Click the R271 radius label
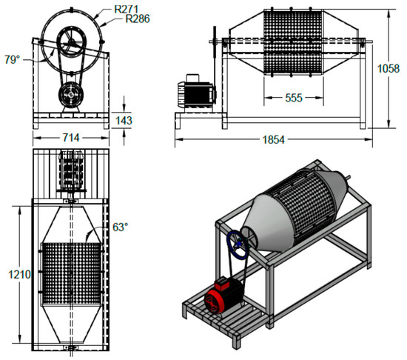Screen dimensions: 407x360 click(x=126, y=10)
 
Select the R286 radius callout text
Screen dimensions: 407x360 click(x=138, y=19)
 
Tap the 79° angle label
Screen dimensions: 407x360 click(x=12, y=59)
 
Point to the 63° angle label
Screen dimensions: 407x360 click(x=121, y=227)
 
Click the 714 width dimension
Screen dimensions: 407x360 click(x=71, y=138)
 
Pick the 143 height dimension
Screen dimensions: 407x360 click(x=124, y=121)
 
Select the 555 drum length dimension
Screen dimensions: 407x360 click(x=294, y=98)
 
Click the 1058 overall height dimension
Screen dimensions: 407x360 click(x=388, y=69)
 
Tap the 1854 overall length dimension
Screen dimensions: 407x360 click(x=274, y=140)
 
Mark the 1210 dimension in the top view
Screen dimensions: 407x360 click(x=20, y=274)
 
